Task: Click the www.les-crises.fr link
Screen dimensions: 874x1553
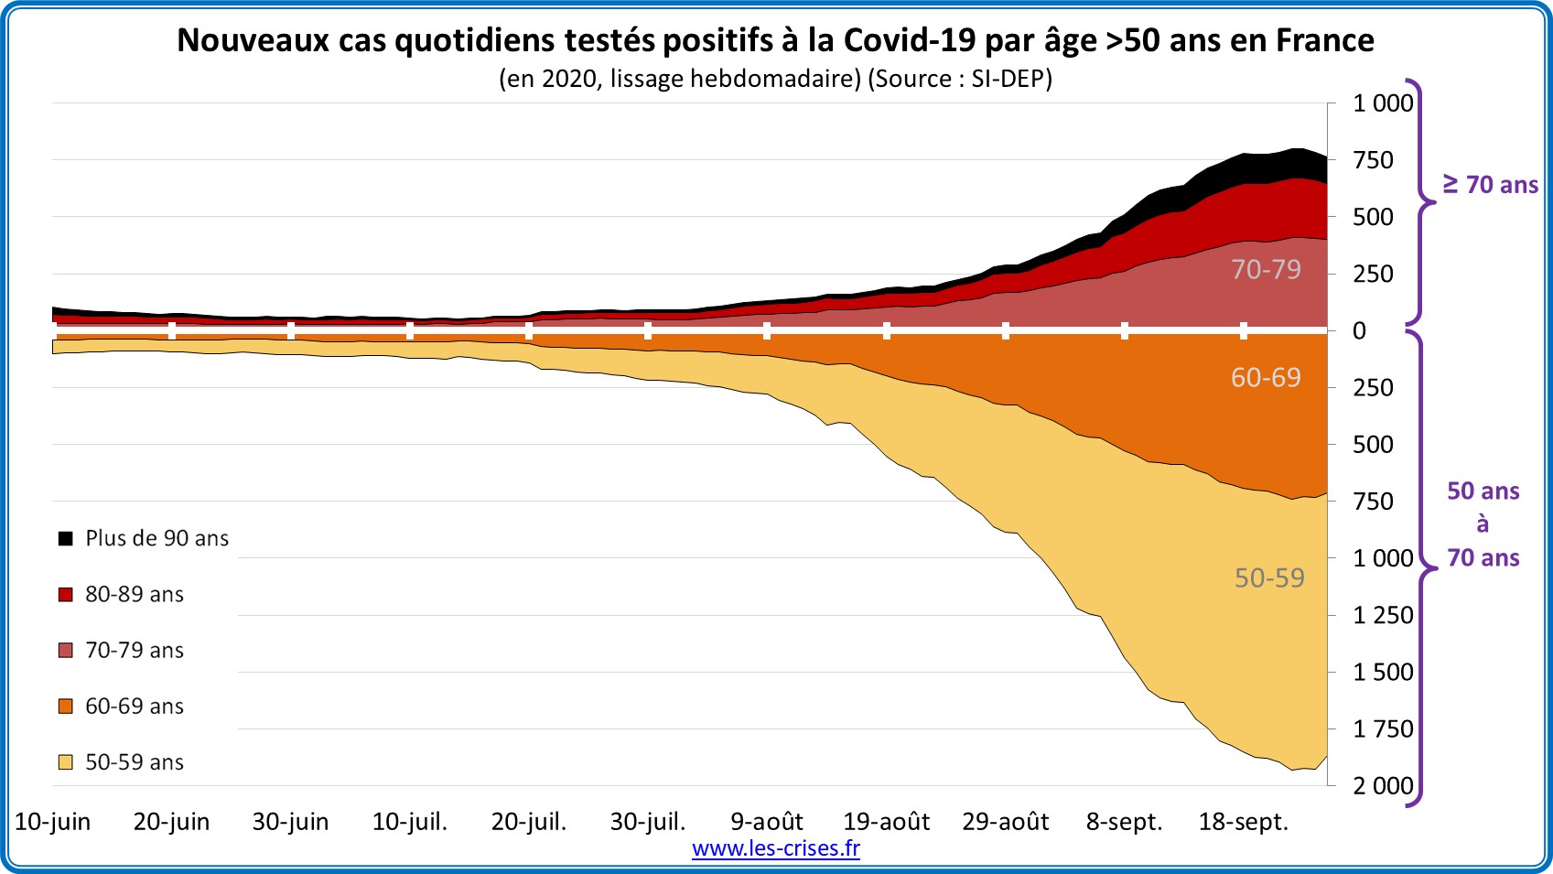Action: pos(775,848)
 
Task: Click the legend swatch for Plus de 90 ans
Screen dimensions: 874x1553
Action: pos(66,538)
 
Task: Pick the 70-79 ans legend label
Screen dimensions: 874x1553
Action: pos(135,650)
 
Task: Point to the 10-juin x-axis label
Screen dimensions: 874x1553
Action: pos(53,821)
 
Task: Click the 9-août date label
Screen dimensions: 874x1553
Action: pos(766,821)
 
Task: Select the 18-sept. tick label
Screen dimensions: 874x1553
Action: pos(1243,821)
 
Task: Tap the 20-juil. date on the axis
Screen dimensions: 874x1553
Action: pos(529,821)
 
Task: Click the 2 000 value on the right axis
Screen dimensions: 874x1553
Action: pos(1383,785)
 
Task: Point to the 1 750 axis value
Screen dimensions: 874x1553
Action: pos(1383,728)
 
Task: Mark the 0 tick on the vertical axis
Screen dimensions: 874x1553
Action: pos(1359,330)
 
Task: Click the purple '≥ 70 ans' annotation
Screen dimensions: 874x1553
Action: pos(1490,185)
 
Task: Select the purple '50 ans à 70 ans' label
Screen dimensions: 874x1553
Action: pos(1483,524)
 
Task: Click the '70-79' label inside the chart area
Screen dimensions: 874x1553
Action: pos(1266,269)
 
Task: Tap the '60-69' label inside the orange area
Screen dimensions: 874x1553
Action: pos(1266,377)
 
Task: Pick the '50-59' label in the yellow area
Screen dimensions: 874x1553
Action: pos(1269,577)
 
